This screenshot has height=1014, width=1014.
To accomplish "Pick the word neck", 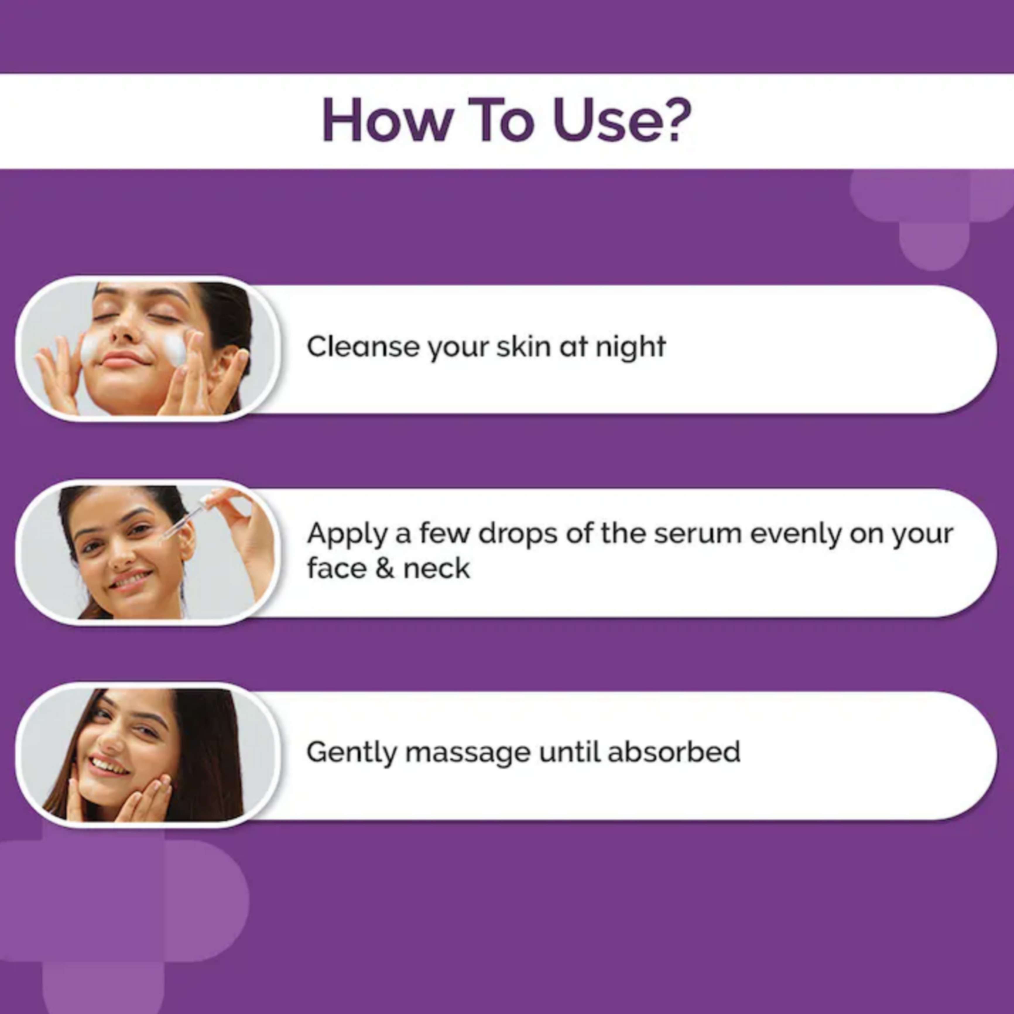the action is pos(437,568).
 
